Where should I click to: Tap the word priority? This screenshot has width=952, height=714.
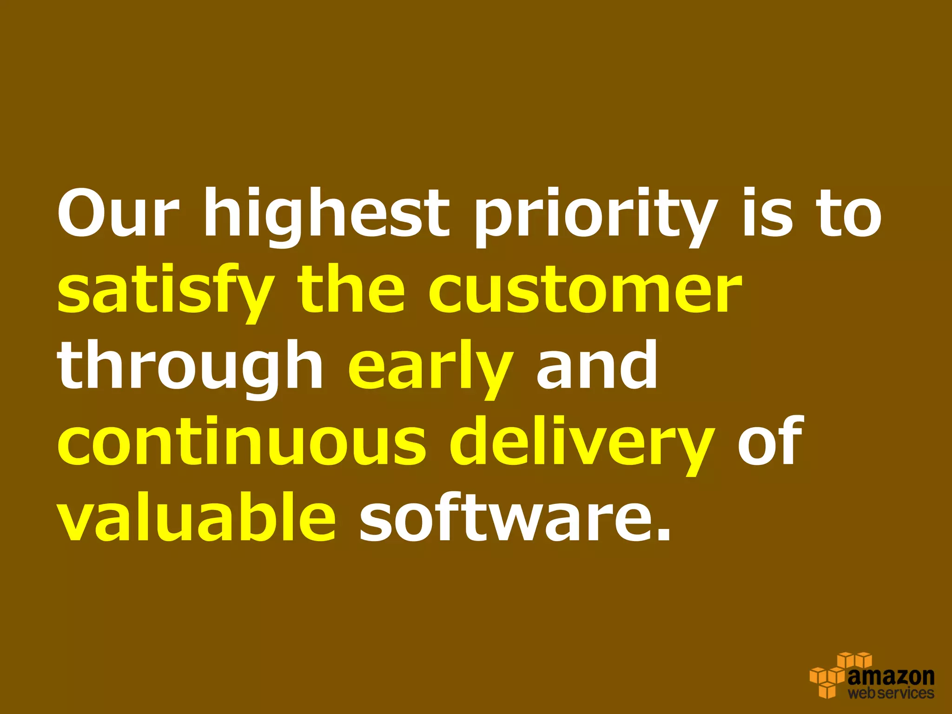pos(595,216)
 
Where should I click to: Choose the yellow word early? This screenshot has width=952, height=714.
pos(430,367)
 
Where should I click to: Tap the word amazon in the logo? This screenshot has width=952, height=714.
pos(891,676)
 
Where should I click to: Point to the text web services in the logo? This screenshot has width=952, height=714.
pos(891,693)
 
